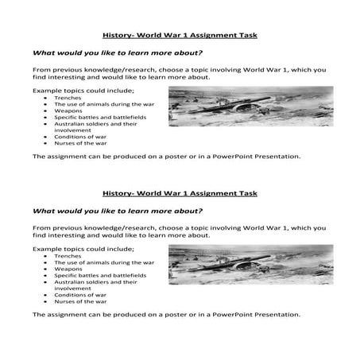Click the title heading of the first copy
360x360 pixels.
(x=180, y=35)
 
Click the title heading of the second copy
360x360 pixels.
(x=180, y=193)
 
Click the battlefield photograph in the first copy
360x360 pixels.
(x=250, y=106)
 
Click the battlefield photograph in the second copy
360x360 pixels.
(x=250, y=264)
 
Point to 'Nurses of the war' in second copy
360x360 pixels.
(x=80, y=302)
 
